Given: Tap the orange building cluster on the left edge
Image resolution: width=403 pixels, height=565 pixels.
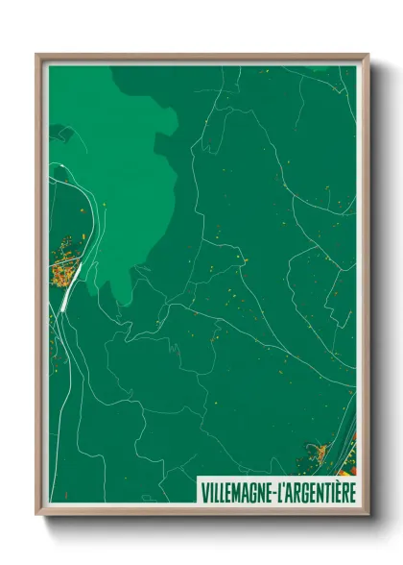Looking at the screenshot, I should pos(65,257).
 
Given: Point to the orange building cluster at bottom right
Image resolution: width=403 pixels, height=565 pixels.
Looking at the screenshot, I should pos(322,451).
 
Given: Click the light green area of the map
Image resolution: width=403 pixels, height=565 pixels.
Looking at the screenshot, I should pos(125,173).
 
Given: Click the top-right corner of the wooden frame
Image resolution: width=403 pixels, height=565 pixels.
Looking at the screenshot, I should pos(367,56).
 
